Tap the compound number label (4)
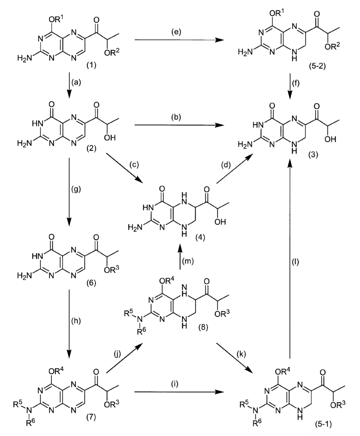pyautogui.click(x=200, y=238)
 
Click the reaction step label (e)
pyautogui.click(x=176, y=32)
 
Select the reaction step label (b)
pyautogui.click(x=176, y=117)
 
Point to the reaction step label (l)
pyautogui.click(x=295, y=261)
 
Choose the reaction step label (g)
pyautogui.click(x=77, y=190)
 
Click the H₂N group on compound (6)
pyautogui.click(x=24, y=275)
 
